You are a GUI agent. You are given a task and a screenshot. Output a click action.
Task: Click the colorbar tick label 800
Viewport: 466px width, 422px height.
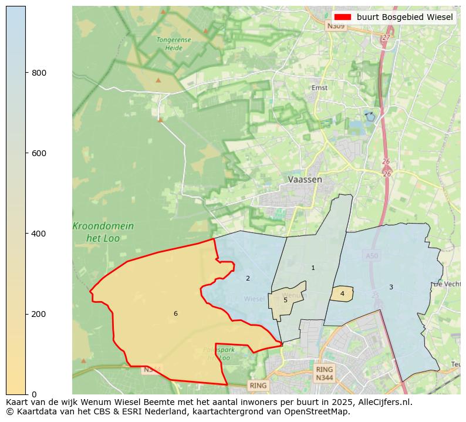(38, 73)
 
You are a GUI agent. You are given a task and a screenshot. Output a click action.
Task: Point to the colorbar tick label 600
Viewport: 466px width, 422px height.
(38, 153)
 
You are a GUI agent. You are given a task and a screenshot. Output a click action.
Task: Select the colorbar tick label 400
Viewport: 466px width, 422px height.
(38, 234)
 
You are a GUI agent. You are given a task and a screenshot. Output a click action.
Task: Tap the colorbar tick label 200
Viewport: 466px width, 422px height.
(38, 314)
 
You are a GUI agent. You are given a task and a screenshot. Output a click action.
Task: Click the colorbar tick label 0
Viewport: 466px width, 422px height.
(33, 394)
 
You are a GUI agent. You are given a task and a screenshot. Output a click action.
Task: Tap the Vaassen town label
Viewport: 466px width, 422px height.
(305, 180)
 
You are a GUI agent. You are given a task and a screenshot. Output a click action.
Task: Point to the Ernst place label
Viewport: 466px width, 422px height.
(320, 88)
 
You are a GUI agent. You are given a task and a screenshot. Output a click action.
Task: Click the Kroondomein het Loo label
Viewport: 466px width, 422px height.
(103, 231)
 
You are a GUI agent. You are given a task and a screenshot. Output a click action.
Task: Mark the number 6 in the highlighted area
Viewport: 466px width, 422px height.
(175, 314)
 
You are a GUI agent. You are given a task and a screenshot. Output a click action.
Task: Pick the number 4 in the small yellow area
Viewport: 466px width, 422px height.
(342, 293)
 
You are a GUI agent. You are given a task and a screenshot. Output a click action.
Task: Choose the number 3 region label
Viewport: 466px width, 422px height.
(391, 287)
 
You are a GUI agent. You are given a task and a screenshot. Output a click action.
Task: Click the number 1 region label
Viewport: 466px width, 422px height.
(313, 268)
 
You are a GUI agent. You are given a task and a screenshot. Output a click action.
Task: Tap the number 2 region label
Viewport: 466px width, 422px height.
(248, 278)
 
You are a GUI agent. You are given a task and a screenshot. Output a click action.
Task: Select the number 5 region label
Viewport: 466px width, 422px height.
(286, 300)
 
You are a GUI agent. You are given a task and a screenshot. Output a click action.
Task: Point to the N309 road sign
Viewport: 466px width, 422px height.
(336, 26)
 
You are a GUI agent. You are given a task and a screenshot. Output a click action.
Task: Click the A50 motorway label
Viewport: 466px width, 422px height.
(372, 256)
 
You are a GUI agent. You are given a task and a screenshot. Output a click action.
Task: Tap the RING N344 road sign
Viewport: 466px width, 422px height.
(324, 373)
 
